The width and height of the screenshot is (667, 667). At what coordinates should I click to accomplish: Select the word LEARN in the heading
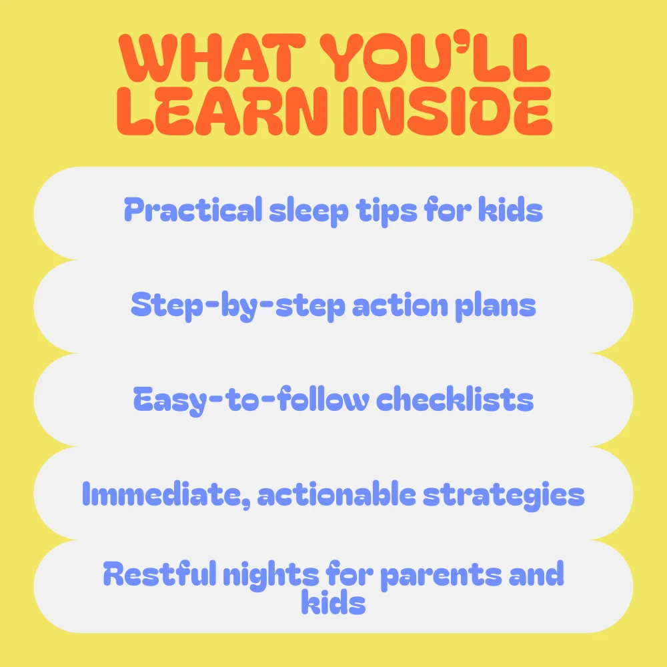pyautogui.click(x=222, y=111)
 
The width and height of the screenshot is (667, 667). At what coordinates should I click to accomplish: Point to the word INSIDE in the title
pyautogui.click(x=448, y=111)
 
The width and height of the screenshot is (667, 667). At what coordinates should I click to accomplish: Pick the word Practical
pyautogui.click(x=193, y=209)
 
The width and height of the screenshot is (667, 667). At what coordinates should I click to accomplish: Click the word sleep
pyautogui.click(x=309, y=211)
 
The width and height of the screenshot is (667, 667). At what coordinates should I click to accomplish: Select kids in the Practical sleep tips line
pyautogui.click(x=510, y=209)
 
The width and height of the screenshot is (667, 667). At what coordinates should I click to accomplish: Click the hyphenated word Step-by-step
pyautogui.click(x=238, y=306)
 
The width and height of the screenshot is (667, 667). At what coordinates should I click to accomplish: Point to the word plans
pyautogui.click(x=496, y=306)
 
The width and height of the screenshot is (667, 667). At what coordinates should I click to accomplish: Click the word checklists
pyautogui.click(x=455, y=399)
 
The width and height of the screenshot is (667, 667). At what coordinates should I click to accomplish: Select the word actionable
pyautogui.click(x=336, y=494)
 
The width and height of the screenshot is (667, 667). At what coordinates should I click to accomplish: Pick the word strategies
pyautogui.click(x=504, y=496)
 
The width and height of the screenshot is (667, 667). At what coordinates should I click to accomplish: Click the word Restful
pyautogui.click(x=160, y=574)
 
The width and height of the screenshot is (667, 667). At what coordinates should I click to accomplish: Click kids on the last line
pyautogui.click(x=333, y=602)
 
